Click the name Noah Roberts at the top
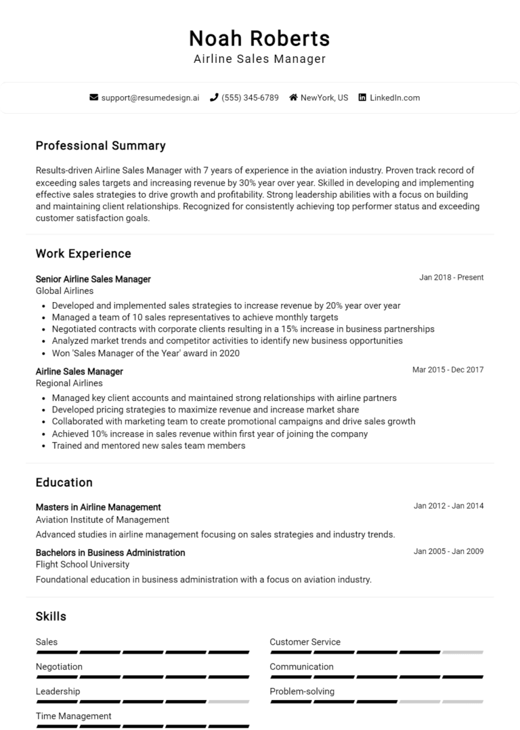[259, 37]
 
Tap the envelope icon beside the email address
[93, 98]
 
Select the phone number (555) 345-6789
[250, 98]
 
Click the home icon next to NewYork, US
[293, 98]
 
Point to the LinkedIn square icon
[362, 98]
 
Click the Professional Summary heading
[100, 146]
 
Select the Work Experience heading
[83, 254]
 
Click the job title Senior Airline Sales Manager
[93, 279]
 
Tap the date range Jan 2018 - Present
[451, 278]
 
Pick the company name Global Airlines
[64, 291]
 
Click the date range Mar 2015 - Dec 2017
[448, 370]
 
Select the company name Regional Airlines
[68, 383]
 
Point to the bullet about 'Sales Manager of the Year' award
[146, 353]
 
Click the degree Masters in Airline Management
[98, 507]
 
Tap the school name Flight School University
[82, 565]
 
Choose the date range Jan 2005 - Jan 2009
[448, 551]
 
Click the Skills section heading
[51, 616]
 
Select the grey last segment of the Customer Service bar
[462, 652]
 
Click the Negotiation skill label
[59, 667]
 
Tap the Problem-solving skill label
[302, 691]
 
